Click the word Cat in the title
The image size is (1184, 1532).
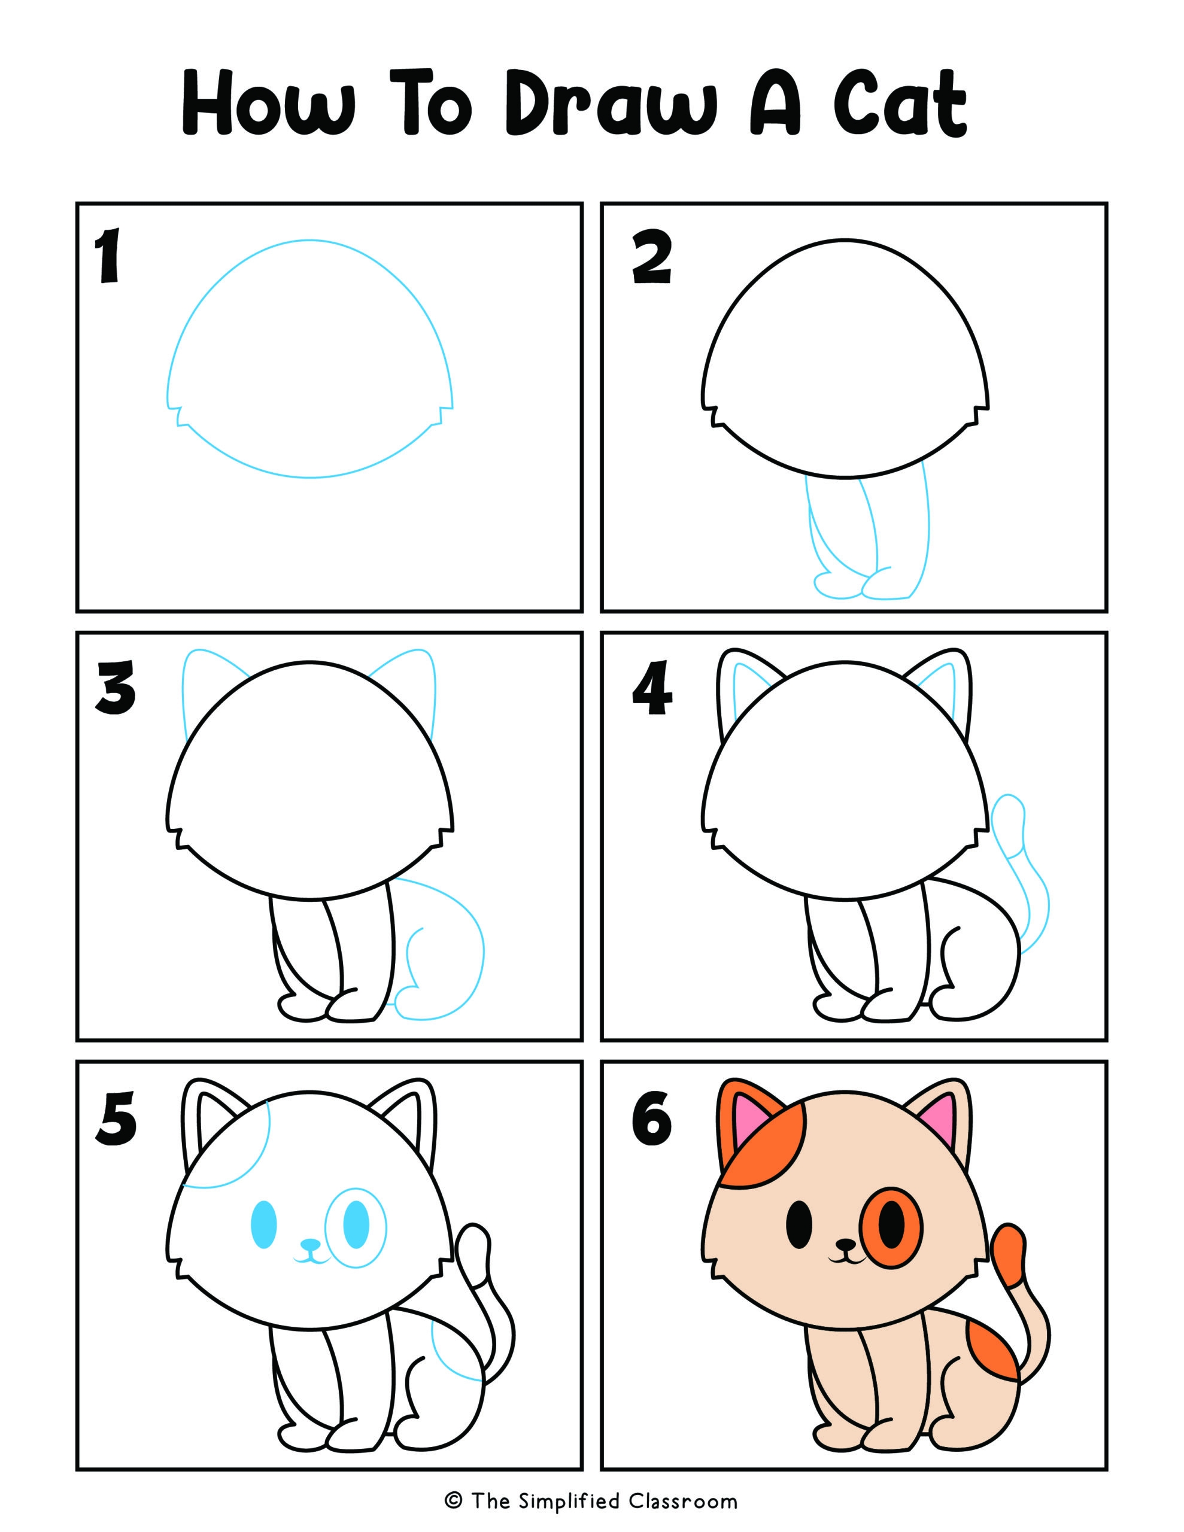click(900, 103)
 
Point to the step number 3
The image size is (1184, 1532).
click(116, 688)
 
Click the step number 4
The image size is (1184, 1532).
click(652, 689)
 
